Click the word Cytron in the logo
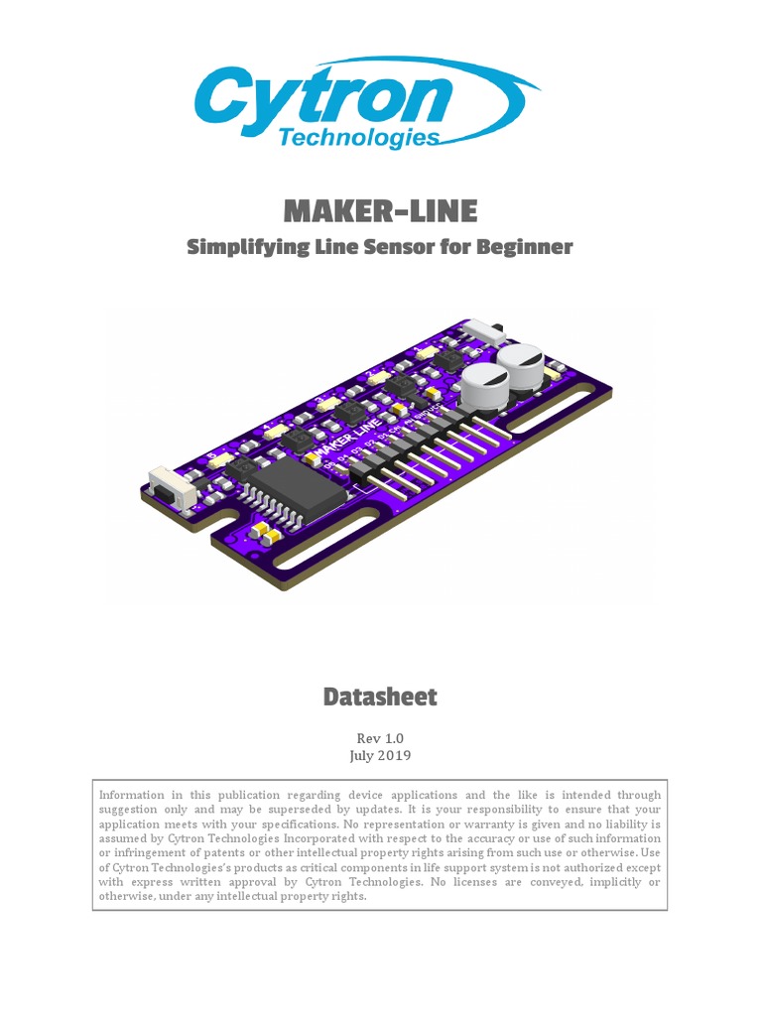pos(322,99)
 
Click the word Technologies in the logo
pos(358,138)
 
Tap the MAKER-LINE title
pos(380,210)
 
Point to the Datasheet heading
pos(380,697)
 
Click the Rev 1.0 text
pos(380,738)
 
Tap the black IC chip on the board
pos(294,489)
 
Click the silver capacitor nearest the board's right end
pos(522,367)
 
